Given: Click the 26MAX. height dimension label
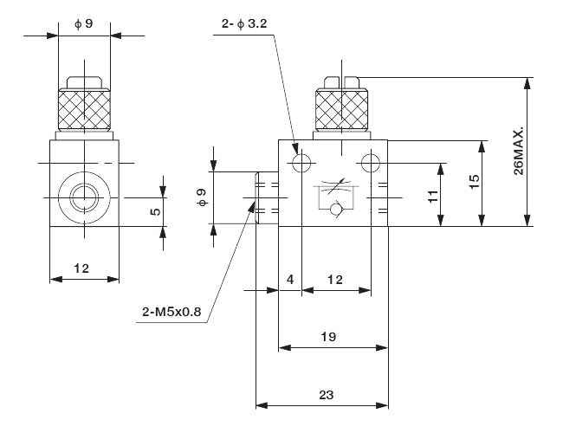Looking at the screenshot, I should pyautogui.click(x=518, y=153).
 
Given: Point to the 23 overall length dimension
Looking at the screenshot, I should pyautogui.click(x=327, y=393).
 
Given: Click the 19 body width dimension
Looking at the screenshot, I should pyautogui.click(x=327, y=336).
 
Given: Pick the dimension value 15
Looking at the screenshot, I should pyautogui.click(x=473, y=183).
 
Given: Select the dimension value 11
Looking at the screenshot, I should pyautogui.click(x=434, y=197).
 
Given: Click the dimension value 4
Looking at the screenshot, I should pyautogui.click(x=290, y=280).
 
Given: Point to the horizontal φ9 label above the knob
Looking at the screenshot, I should pyautogui.click(x=83, y=23).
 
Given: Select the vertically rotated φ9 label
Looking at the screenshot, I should pyautogui.click(x=202, y=197).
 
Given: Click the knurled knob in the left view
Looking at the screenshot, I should pyautogui.click(x=83, y=108).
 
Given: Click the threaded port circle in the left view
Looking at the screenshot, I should pyautogui.click(x=84, y=197).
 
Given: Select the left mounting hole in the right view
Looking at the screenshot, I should pyautogui.click(x=301, y=163).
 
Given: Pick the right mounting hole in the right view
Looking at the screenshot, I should pyautogui.click(x=372, y=163).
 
